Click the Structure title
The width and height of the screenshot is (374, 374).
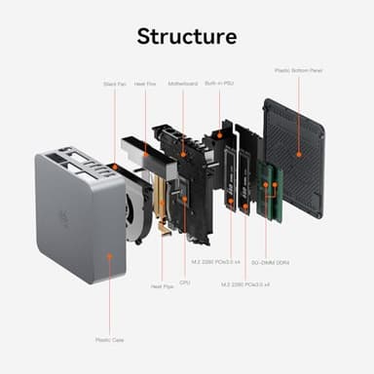click(x=186, y=37)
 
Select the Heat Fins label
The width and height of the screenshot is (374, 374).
click(x=145, y=85)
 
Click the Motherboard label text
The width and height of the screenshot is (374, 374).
click(x=182, y=85)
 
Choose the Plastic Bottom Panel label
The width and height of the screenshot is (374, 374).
click(x=298, y=70)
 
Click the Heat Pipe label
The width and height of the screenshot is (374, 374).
click(x=162, y=286)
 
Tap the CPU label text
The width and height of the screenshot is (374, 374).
click(x=184, y=281)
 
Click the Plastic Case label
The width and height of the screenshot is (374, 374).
click(x=109, y=341)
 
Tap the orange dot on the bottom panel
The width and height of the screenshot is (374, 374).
click(x=298, y=134)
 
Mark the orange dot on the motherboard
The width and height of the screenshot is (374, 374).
click(x=182, y=153)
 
